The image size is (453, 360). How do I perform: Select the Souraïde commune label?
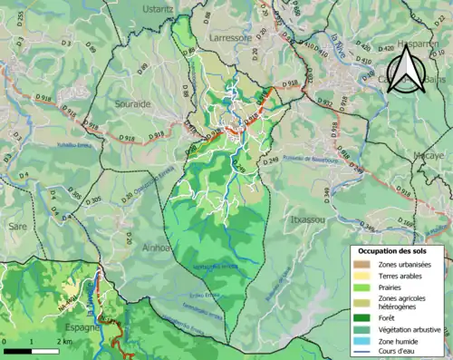coord(133,104)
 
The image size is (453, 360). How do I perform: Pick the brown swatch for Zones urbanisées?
coord(362,263)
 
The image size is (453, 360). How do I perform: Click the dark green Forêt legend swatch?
coord(362,316)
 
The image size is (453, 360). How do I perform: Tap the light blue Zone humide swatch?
coord(362,340)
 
